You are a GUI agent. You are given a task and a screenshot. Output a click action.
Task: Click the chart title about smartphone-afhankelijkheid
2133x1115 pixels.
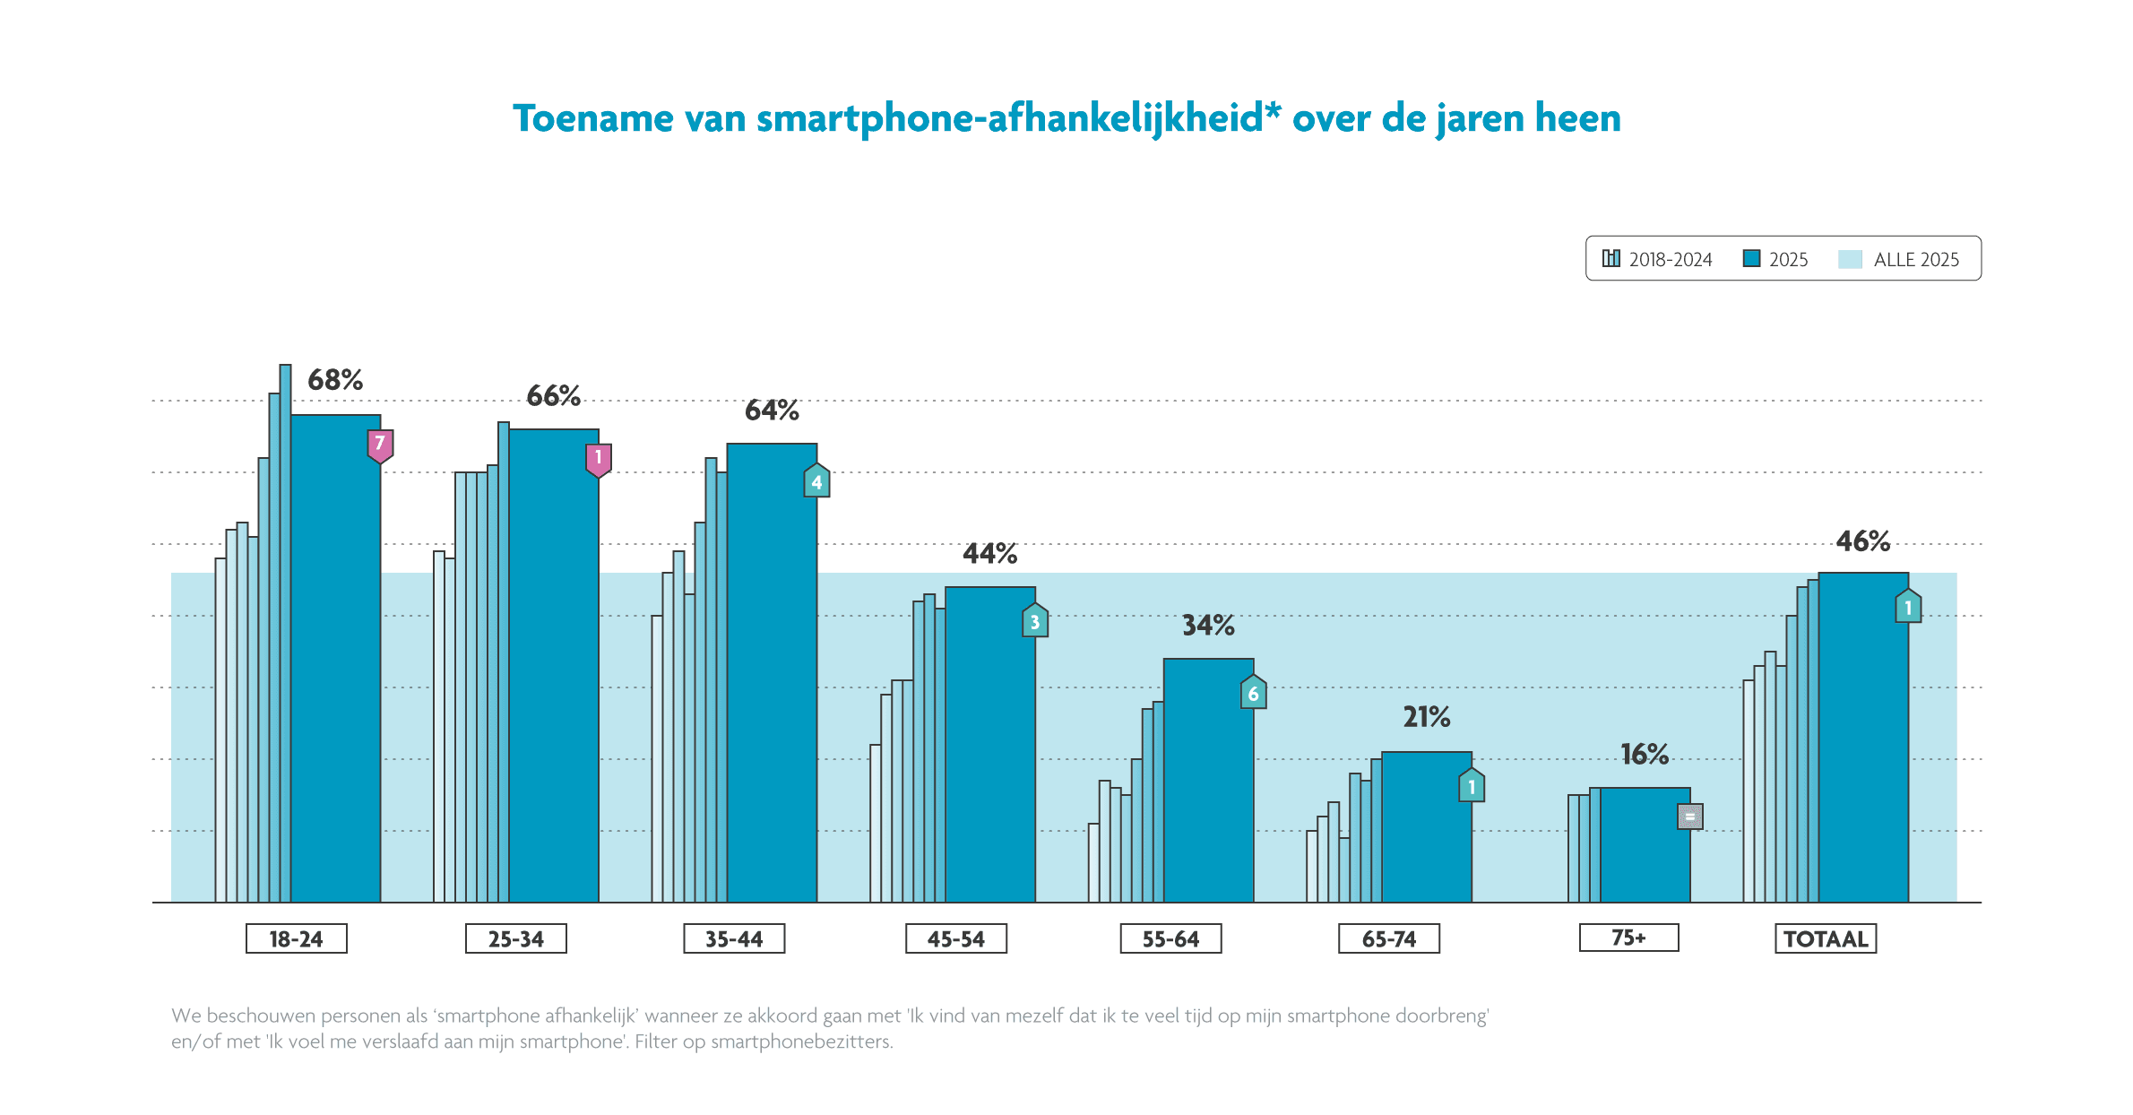click(1066, 118)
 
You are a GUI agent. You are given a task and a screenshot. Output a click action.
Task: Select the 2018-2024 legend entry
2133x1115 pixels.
click(1657, 259)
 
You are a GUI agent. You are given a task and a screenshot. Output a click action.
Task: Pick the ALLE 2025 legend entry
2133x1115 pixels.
click(1899, 259)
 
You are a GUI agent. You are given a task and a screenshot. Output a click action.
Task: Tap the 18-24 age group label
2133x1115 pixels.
click(296, 938)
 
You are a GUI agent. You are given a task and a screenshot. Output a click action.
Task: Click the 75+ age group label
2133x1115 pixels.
click(1628, 938)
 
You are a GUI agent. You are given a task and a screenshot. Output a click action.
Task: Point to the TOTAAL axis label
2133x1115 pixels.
click(1826, 938)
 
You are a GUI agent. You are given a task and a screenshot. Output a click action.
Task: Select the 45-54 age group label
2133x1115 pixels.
click(955, 938)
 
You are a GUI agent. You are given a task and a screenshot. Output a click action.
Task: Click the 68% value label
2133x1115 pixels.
click(335, 380)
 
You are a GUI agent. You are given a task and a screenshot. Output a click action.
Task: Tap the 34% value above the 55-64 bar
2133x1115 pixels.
click(1208, 626)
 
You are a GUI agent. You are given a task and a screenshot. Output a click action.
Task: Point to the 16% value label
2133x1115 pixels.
click(1645, 755)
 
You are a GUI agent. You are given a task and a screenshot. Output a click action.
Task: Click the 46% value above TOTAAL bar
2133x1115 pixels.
click(1863, 541)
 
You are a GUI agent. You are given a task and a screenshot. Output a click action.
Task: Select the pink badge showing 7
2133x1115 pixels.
click(380, 445)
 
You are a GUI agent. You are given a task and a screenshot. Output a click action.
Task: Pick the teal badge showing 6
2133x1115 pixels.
click(1253, 693)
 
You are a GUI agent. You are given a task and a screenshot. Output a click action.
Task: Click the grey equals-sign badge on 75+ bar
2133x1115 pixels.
click(1689, 817)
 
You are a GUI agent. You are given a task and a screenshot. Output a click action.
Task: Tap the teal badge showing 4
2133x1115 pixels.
click(816, 481)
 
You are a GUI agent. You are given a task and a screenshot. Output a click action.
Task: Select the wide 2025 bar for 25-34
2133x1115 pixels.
click(554, 672)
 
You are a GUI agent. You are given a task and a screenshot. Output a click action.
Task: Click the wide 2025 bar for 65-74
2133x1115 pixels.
click(1426, 829)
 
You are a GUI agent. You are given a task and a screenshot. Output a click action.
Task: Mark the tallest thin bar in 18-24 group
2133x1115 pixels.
click(285, 627)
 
